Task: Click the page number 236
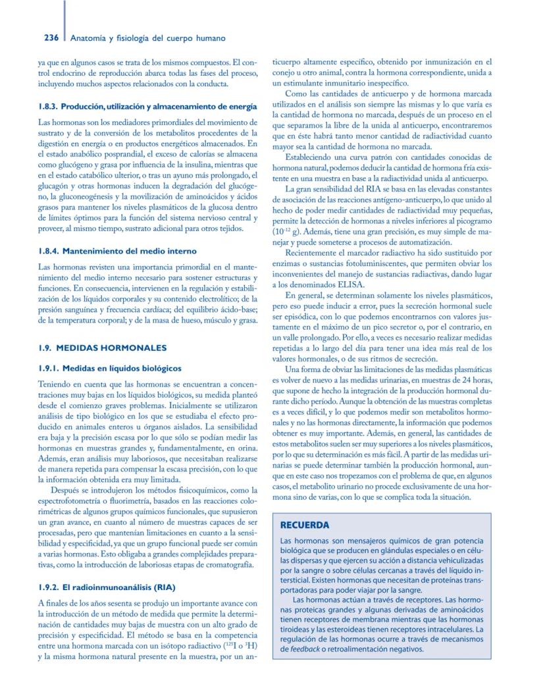(53, 38)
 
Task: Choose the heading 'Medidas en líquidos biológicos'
(121, 368)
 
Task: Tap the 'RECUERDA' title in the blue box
(305, 525)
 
